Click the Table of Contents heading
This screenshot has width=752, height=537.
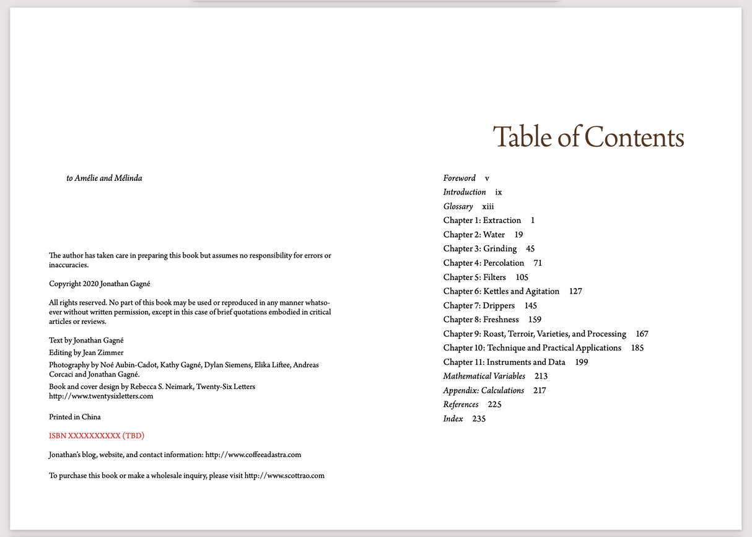(x=588, y=137)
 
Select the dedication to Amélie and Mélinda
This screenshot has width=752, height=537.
(x=104, y=178)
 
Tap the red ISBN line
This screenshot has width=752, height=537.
(x=97, y=435)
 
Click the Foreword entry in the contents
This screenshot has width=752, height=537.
(x=460, y=178)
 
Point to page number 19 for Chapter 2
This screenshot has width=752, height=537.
(x=519, y=235)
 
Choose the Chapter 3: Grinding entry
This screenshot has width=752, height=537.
(x=480, y=249)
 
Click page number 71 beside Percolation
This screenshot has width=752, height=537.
(x=538, y=263)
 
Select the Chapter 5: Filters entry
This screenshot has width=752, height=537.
(x=474, y=277)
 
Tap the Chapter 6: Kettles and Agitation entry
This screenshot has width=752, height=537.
(x=501, y=291)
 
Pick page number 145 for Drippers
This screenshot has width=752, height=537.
(x=530, y=305)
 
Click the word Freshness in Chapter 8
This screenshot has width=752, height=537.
(x=501, y=320)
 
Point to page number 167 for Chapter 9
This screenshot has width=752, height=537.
(x=642, y=334)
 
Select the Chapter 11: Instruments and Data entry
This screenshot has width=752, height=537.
(x=504, y=362)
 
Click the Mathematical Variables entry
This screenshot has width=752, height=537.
(x=484, y=377)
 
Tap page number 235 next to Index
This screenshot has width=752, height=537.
(x=479, y=419)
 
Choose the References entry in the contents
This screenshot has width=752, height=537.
(x=461, y=405)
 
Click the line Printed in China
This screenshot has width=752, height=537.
(x=75, y=417)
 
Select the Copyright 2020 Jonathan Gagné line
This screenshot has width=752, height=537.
(x=100, y=284)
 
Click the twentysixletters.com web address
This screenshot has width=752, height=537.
(x=100, y=396)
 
